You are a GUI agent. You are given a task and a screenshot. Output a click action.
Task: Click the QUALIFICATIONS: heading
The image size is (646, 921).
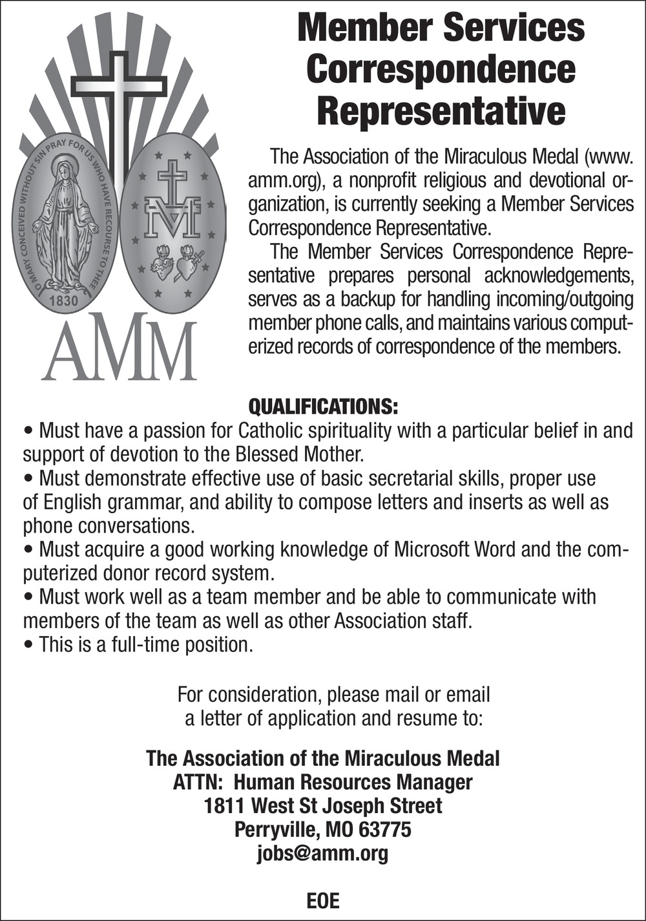[323, 407]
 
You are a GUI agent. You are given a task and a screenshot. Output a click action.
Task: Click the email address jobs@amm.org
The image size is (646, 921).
[323, 853]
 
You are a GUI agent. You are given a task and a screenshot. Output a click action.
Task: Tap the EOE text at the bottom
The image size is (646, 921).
[323, 900]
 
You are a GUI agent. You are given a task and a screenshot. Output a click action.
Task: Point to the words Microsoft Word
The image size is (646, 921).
[455, 549]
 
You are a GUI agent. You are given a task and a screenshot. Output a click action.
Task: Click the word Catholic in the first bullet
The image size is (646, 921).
[271, 430]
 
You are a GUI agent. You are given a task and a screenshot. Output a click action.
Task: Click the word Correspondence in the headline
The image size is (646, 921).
[441, 69]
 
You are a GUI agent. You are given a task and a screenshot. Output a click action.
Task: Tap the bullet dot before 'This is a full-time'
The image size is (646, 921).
[29, 645]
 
